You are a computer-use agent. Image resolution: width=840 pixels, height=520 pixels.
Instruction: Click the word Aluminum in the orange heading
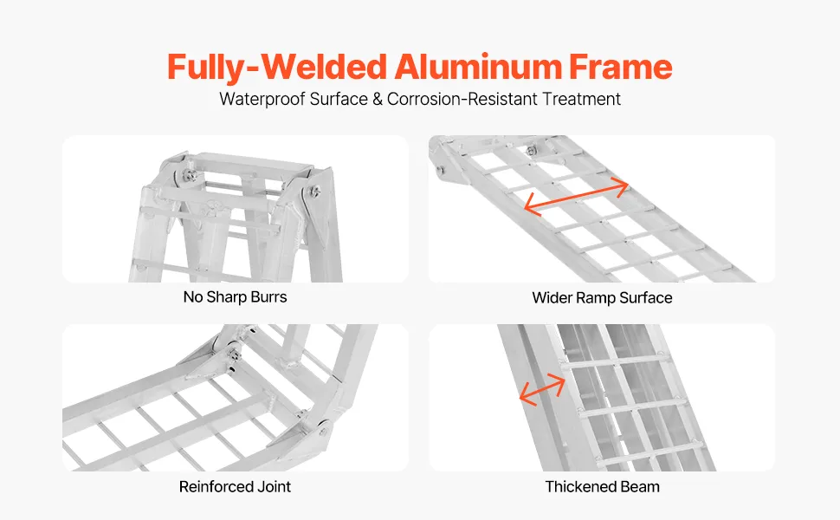click(x=478, y=67)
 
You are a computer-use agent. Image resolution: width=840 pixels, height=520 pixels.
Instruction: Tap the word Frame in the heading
click(x=620, y=67)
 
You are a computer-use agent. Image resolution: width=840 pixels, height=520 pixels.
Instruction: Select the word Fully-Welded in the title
click(x=277, y=68)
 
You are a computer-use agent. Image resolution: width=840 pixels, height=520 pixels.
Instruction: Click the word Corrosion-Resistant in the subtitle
click(x=462, y=99)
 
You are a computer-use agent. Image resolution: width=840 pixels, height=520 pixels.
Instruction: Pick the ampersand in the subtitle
click(x=378, y=99)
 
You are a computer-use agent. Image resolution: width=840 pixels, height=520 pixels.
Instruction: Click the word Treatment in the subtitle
click(x=581, y=99)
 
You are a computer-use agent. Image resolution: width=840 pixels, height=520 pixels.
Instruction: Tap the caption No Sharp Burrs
click(x=236, y=297)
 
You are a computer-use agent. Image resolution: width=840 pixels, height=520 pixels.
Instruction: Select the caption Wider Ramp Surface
click(x=602, y=298)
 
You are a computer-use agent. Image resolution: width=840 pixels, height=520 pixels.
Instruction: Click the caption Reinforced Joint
click(x=235, y=487)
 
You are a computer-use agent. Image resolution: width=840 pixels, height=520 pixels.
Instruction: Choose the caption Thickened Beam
click(x=602, y=487)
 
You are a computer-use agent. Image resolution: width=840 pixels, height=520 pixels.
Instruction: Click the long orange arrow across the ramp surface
click(x=576, y=196)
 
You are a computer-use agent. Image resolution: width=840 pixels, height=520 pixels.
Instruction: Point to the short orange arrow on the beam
click(x=542, y=389)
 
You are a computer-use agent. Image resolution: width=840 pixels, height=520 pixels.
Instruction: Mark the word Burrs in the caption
click(x=269, y=297)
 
